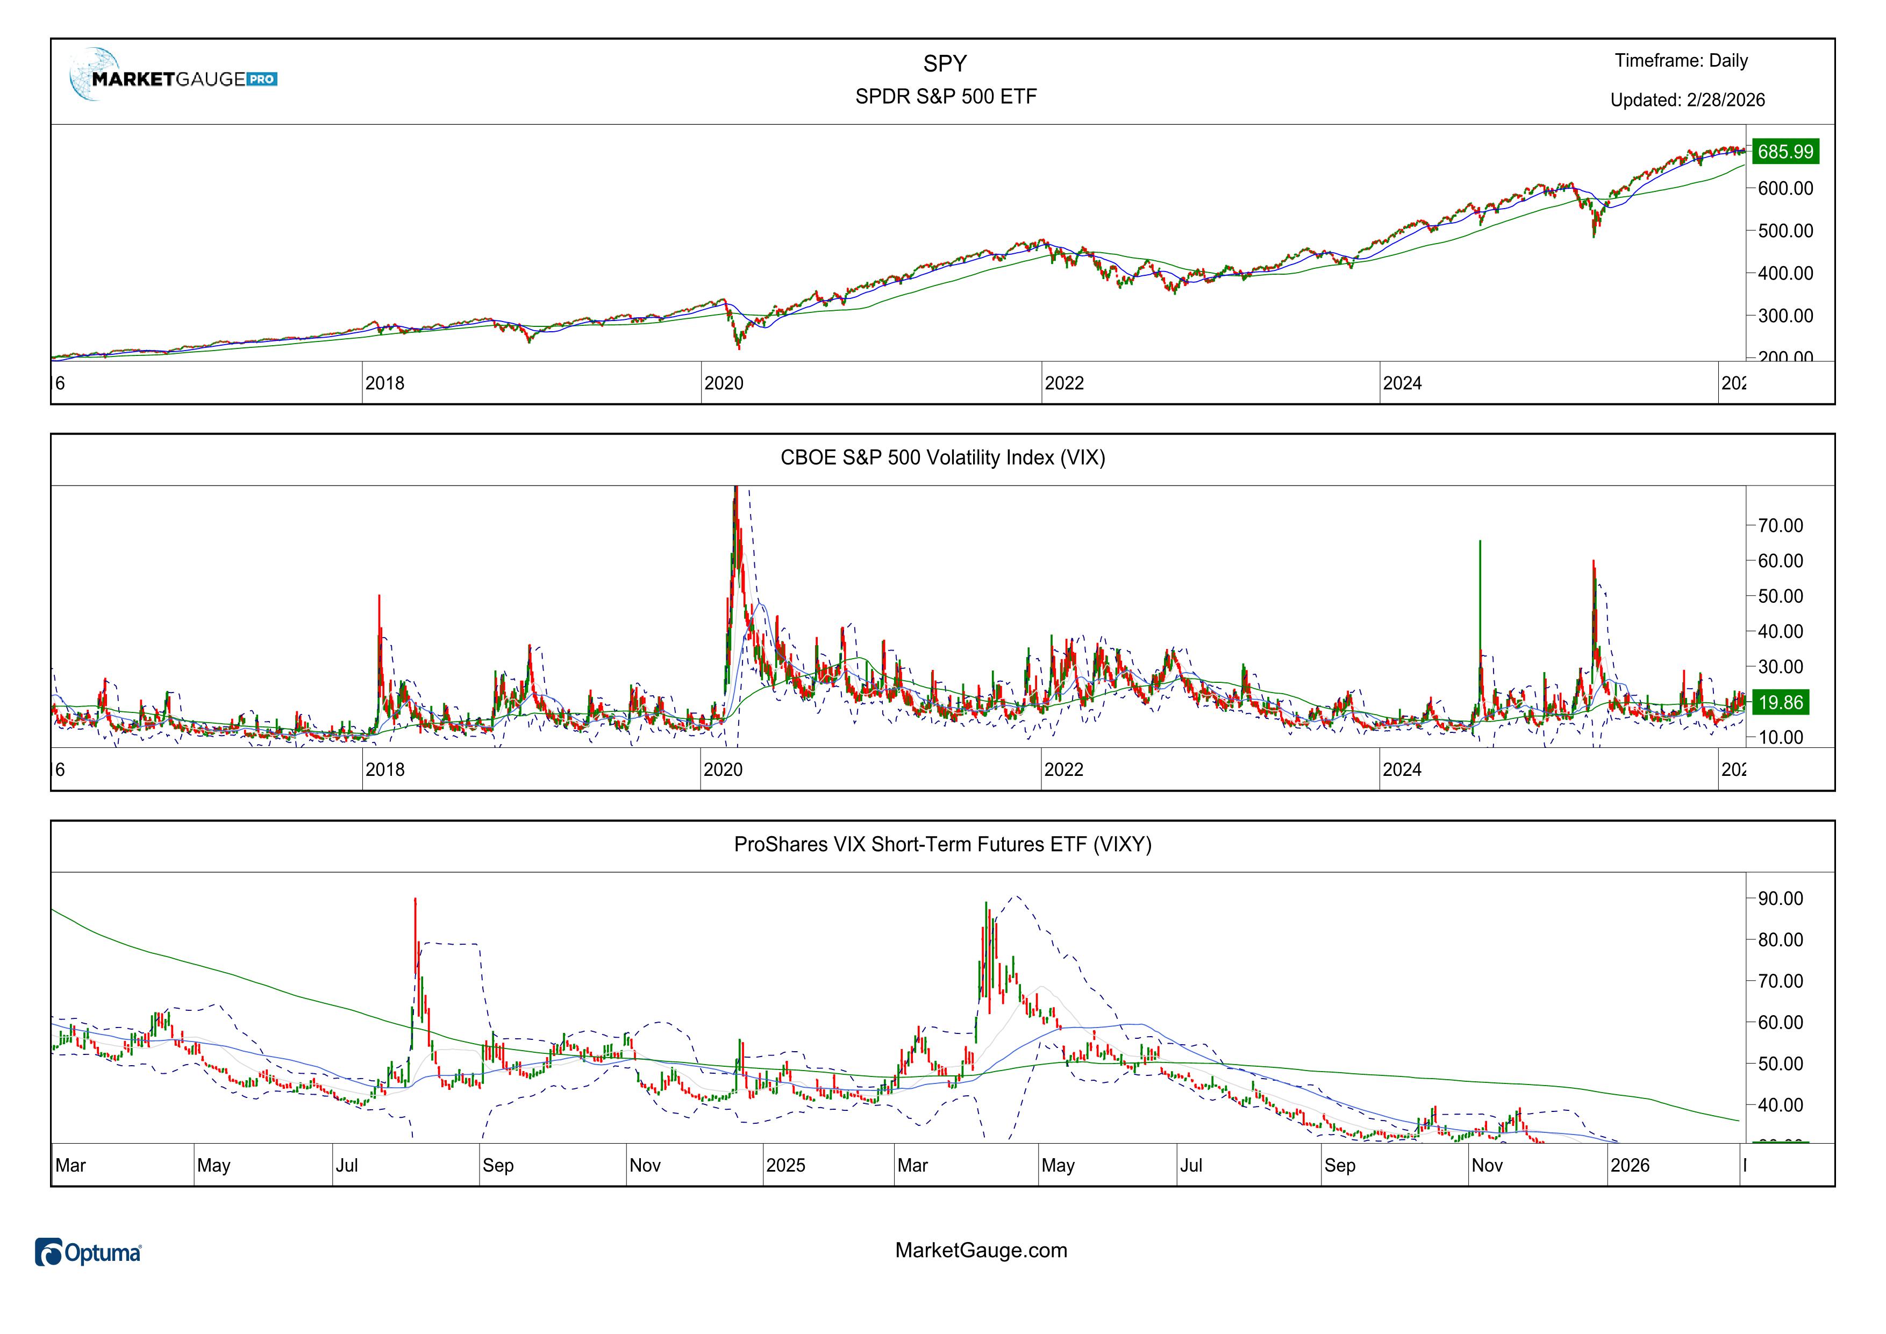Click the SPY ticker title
click(x=945, y=63)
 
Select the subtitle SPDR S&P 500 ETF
click(x=946, y=96)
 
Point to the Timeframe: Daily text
click(x=1681, y=61)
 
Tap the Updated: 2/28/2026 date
click(x=1687, y=100)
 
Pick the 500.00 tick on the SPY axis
click(x=1785, y=231)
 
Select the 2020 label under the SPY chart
click(x=724, y=383)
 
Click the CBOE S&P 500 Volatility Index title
click(x=942, y=458)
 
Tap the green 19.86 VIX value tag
click(x=1781, y=702)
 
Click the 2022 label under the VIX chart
click(x=1064, y=769)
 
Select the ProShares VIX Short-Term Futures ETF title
click(x=942, y=844)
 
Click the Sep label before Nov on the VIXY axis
click(x=498, y=1166)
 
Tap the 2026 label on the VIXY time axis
click(x=1630, y=1166)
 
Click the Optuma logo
click(x=89, y=1253)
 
